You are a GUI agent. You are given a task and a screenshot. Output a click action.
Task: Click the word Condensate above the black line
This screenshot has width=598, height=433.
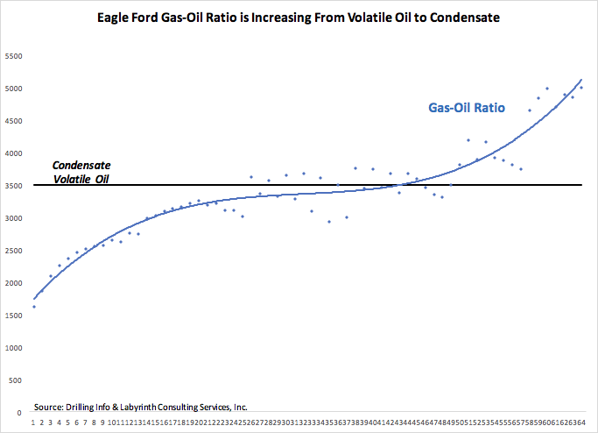click(x=81, y=165)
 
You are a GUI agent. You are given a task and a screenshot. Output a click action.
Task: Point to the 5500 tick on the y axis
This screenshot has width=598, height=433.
click(x=15, y=56)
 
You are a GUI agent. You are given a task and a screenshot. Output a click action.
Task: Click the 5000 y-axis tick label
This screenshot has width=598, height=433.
click(x=15, y=89)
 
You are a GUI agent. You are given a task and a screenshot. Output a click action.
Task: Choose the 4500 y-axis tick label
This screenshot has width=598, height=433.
click(x=15, y=121)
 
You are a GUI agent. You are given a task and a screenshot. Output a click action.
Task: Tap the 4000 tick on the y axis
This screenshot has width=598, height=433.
click(x=15, y=153)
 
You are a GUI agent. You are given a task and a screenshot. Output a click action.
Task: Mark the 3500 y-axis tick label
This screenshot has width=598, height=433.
click(x=15, y=186)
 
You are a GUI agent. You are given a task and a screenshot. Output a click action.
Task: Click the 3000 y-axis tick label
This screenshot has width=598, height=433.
click(x=15, y=218)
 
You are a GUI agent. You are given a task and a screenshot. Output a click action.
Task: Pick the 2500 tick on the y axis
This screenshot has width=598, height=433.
click(x=15, y=251)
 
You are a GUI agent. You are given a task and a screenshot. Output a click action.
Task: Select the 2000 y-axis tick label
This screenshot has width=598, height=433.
click(x=15, y=283)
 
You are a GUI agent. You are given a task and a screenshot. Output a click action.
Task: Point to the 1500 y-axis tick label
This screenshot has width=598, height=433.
click(x=15, y=316)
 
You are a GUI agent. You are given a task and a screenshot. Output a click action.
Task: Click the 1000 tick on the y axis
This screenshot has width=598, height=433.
click(x=15, y=348)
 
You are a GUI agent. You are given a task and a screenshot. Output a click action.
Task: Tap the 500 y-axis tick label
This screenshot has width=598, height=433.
click(x=17, y=380)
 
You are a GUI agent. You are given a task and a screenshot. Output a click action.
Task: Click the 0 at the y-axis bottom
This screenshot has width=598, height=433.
click(x=20, y=412)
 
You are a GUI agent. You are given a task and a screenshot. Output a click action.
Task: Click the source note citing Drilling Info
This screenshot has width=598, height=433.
click(x=140, y=407)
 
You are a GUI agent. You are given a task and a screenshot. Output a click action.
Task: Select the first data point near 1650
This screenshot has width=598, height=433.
click(x=33, y=306)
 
